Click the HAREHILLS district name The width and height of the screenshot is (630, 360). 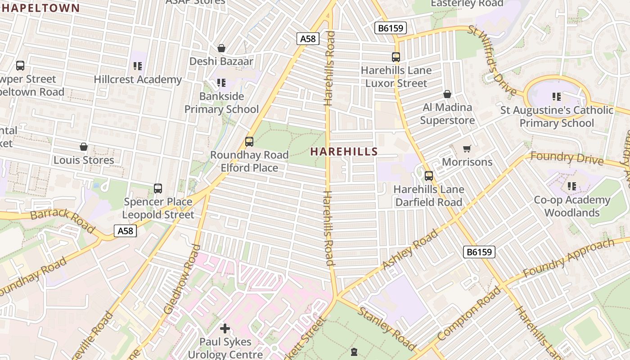(344, 152)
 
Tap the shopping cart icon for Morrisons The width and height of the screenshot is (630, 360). (467, 148)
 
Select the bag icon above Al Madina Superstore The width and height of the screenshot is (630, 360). (447, 94)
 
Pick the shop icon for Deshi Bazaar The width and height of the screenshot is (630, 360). (221, 48)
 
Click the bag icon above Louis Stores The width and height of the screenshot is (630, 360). (83, 147)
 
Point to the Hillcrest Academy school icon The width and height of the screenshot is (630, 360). (138, 67)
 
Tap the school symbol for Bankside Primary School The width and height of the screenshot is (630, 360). (221, 83)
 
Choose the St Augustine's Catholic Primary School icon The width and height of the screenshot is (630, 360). (557, 97)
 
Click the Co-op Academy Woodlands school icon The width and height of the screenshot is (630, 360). (572, 186)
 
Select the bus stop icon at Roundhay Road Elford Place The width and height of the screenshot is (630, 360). (249, 142)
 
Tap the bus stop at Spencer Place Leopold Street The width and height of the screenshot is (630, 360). (157, 189)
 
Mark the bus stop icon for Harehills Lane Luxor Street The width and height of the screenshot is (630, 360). (396, 57)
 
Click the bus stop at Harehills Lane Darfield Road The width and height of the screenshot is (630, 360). (429, 176)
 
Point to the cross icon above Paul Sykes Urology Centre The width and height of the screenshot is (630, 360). (225, 328)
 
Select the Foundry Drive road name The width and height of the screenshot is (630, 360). (567, 158)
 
